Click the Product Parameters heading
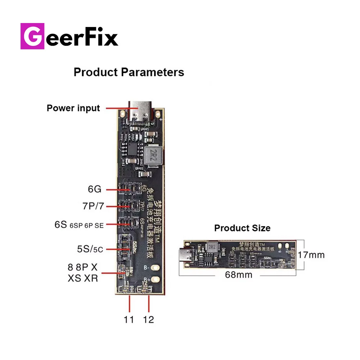tap(129, 72)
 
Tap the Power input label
tap(73, 108)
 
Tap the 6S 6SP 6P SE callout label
tap(79, 225)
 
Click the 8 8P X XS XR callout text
tap(83, 273)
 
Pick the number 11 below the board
tap(129, 319)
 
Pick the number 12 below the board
tap(149, 319)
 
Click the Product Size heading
tap(242, 228)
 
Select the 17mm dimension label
tap(311, 255)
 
